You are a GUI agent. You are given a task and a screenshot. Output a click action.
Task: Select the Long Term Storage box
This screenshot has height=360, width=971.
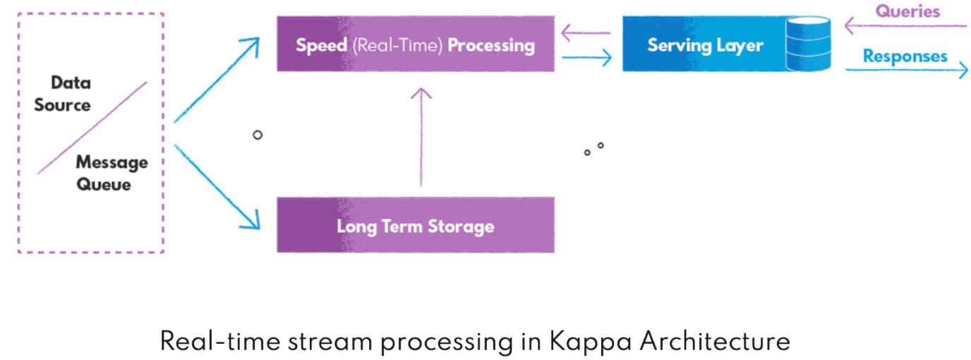(x=415, y=227)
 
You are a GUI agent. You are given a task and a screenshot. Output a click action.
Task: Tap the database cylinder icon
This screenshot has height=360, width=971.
(x=808, y=44)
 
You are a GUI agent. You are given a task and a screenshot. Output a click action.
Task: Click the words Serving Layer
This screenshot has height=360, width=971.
(x=705, y=46)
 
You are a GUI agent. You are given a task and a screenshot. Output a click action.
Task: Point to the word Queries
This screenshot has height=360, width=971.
(x=908, y=11)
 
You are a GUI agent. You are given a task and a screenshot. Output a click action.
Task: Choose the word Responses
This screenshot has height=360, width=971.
(x=905, y=56)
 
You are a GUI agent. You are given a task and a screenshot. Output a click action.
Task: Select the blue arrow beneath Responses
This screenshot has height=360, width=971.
(x=907, y=70)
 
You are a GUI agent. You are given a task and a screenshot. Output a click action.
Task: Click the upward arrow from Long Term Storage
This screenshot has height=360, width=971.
(x=421, y=138)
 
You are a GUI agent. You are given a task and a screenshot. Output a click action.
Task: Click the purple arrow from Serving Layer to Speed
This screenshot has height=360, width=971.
(x=585, y=32)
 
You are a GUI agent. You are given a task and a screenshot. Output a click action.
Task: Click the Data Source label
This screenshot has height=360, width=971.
(x=63, y=94)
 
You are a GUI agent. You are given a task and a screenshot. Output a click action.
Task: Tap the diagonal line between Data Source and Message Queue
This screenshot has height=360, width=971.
(x=92, y=128)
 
